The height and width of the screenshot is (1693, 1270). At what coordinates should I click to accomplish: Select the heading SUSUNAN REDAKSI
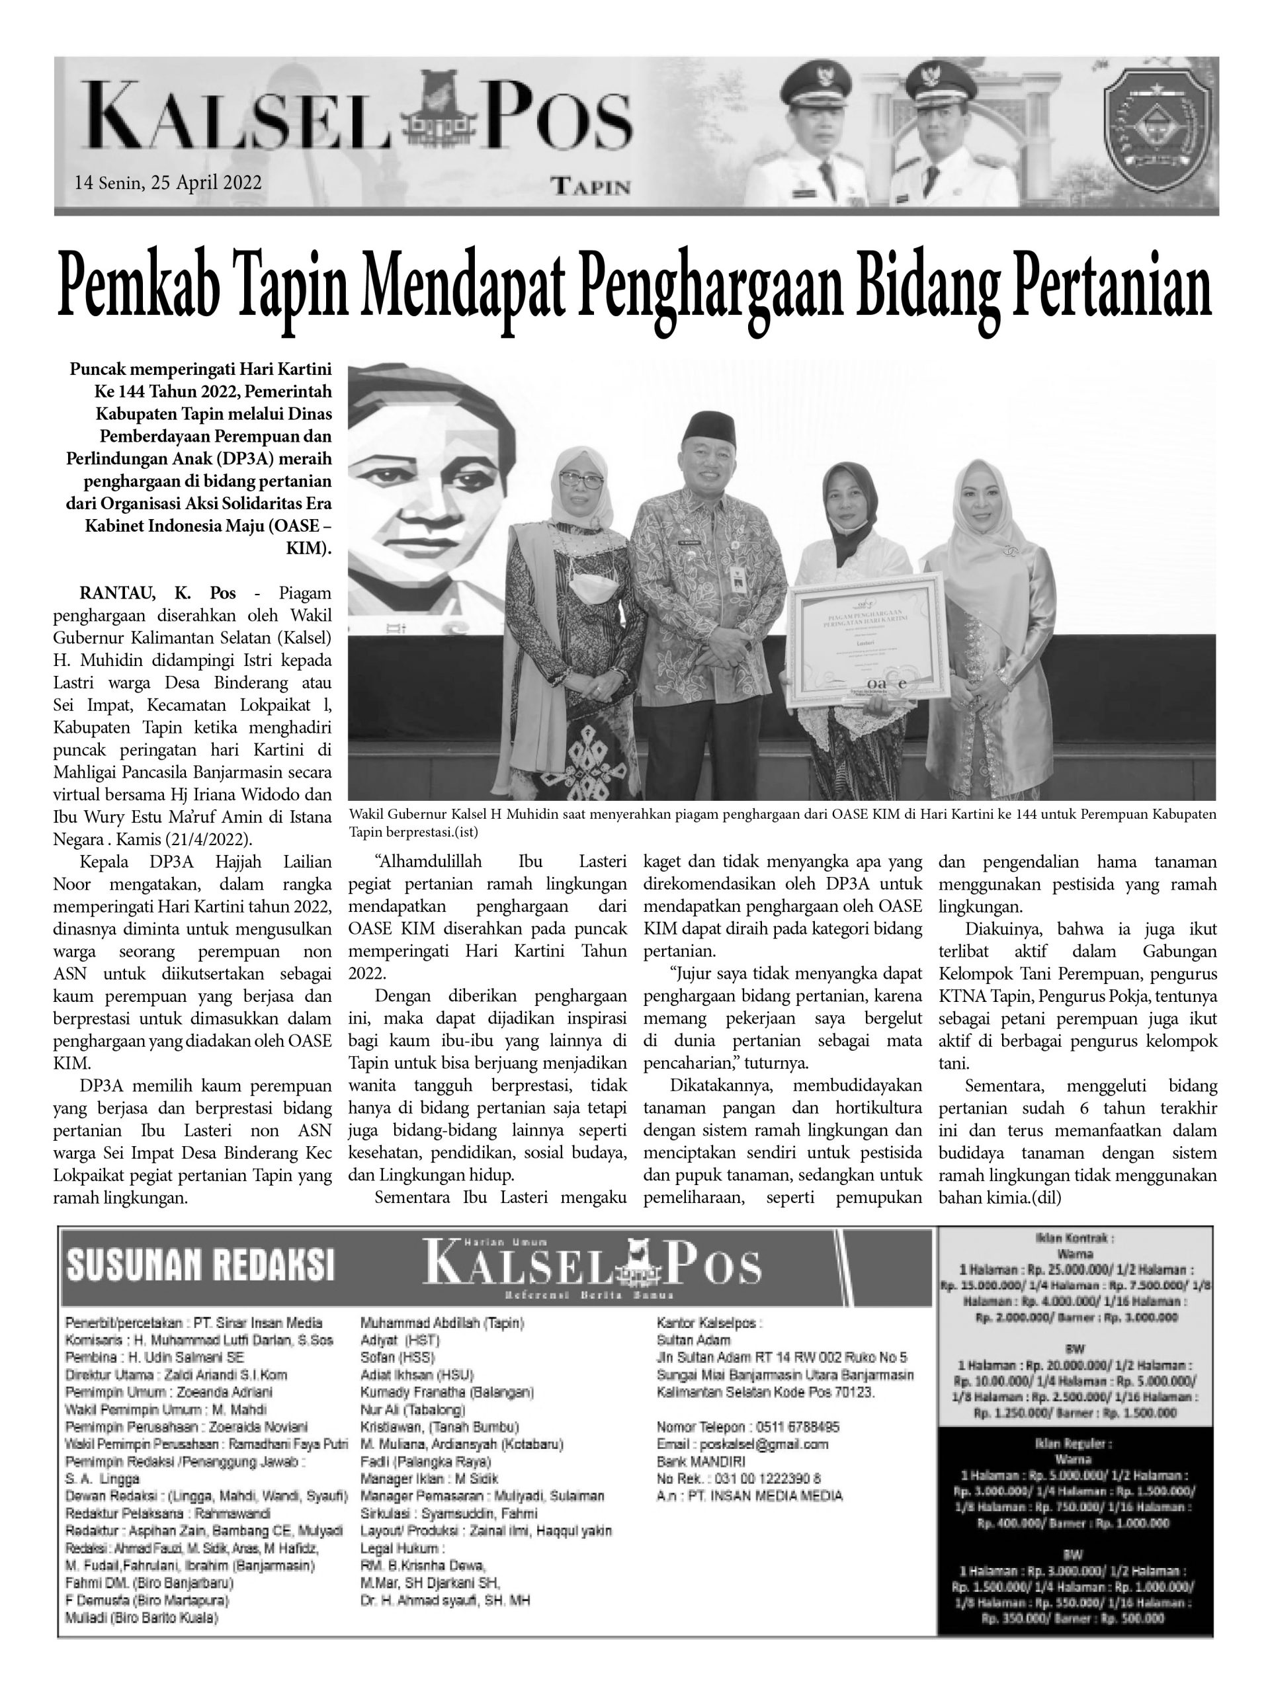(200, 1265)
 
